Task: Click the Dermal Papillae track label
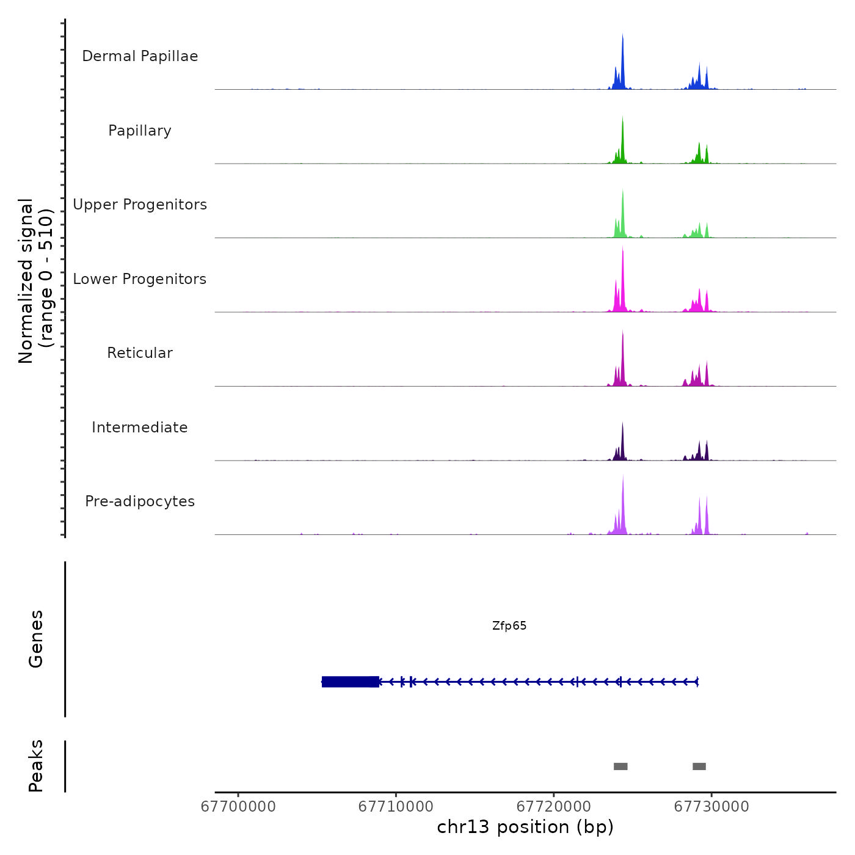[140, 56]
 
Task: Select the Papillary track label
[140, 131]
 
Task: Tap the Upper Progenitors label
[140, 205]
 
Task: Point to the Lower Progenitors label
[140, 279]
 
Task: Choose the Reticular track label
[140, 353]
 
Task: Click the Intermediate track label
[140, 428]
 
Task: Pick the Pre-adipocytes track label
[140, 501]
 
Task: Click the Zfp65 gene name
[509, 626]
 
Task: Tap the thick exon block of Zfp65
[350, 682]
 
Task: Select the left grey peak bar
[620, 766]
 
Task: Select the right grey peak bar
[699, 766]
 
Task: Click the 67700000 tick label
[238, 807]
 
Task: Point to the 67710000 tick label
[396, 807]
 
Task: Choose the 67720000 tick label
[554, 807]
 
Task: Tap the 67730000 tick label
[711, 807]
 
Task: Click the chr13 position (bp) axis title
[525, 827]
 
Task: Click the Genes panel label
[36, 639]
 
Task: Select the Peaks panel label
[36, 766]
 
